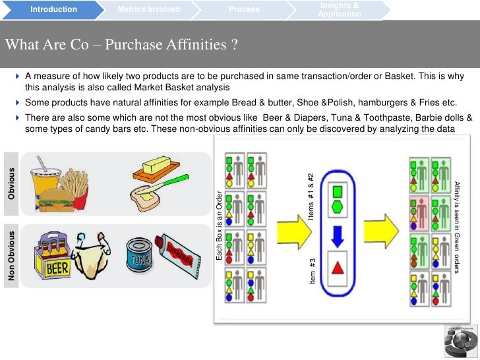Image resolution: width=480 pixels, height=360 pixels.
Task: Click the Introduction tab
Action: point(53,9)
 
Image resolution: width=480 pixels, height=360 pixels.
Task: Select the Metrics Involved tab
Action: point(148,9)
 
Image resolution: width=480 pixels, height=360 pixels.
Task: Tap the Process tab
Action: point(244,9)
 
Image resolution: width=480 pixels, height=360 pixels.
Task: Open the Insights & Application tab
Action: point(339,10)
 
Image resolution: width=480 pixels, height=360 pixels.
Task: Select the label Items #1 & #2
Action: point(312,196)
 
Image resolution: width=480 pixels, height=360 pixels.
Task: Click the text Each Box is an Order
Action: point(220,224)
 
